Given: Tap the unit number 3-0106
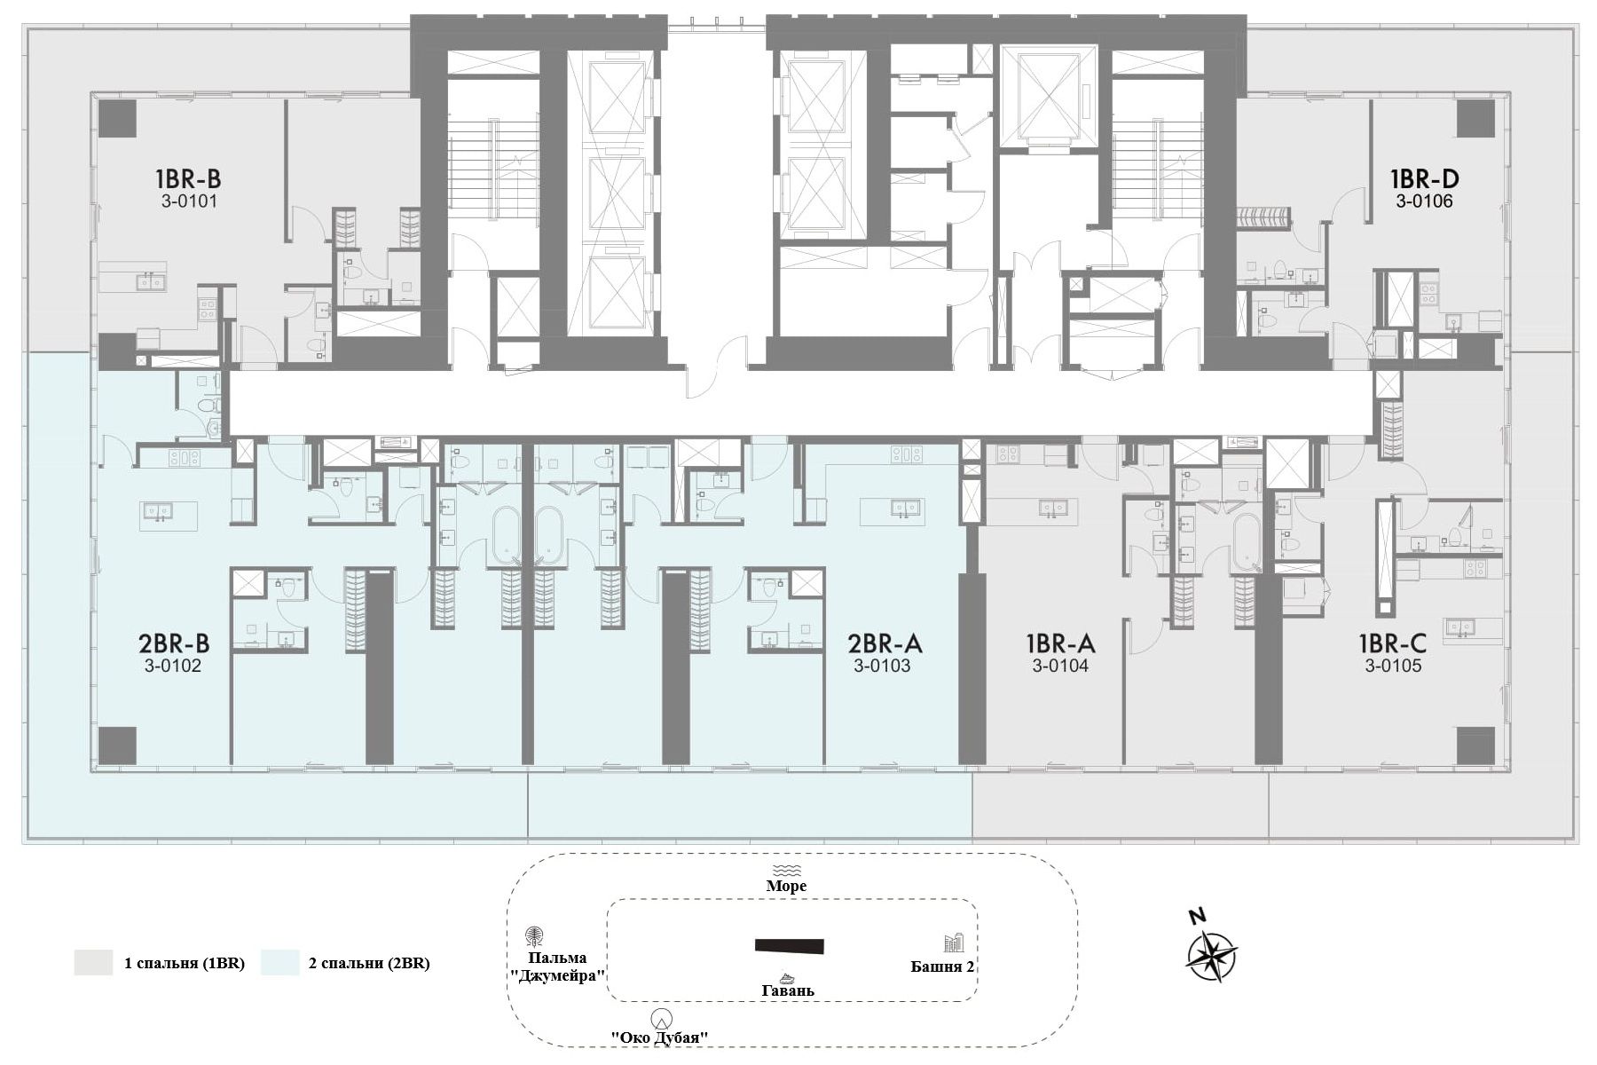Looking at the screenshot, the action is click(1424, 201).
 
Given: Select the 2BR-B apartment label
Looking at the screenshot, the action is click(174, 642).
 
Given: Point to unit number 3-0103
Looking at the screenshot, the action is click(882, 666).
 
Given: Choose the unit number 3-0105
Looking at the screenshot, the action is click(1394, 666).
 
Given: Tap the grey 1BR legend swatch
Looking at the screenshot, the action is click(93, 963).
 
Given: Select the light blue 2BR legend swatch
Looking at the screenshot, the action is click(279, 963).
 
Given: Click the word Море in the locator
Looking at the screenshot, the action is click(787, 886).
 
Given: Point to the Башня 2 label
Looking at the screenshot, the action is click(943, 966).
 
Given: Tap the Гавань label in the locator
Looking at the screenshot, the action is click(788, 990).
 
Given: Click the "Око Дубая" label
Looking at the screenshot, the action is click(661, 1037).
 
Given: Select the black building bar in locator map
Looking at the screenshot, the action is click(790, 946).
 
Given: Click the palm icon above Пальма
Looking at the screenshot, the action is click(536, 937).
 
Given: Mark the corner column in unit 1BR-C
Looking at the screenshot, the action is click(1475, 745).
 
